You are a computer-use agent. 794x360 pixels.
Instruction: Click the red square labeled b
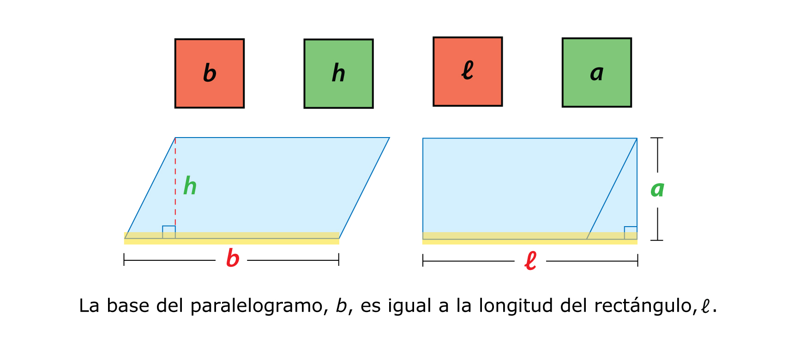[x=210, y=73]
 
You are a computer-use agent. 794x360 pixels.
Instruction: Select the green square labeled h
[x=338, y=73]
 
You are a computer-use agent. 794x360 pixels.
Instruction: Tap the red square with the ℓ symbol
[x=468, y=72]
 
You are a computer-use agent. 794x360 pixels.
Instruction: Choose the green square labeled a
[x=596, y=72]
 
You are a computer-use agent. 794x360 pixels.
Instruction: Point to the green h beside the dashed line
[x=190, y=186]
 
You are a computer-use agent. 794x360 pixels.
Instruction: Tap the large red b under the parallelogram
[x=233, y=258]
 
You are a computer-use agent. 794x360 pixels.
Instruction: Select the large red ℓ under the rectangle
[x=530, y=260]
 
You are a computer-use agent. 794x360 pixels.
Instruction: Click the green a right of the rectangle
[x=657, y=189]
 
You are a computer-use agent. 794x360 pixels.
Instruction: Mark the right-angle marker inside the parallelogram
[x=169, y=232]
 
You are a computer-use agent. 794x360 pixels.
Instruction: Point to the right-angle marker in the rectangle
[x=631, y=233]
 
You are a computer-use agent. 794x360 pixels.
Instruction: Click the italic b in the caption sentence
[x=341, y=306]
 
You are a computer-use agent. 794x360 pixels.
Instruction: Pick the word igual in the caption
[x=409, y=306]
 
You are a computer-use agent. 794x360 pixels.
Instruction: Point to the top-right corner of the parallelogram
[x=389, y=138]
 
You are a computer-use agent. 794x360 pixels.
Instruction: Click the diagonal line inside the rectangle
[x=612, y=189]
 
